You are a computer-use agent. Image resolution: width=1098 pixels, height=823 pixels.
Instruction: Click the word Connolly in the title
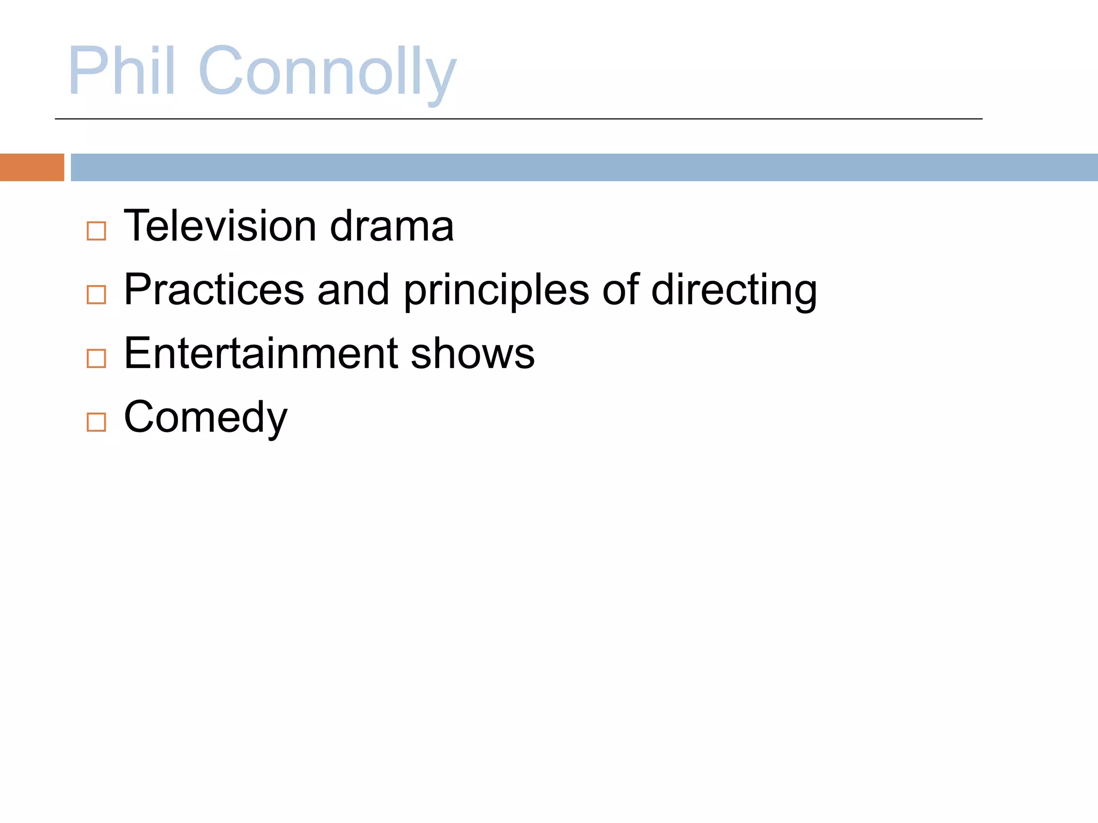pos(327,72)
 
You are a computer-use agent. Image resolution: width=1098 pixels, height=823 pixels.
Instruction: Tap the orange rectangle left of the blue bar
pos(32,167)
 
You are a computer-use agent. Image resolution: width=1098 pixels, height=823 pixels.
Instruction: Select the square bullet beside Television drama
pos(97,231)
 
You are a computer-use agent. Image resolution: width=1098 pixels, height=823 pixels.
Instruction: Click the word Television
pos(220,226)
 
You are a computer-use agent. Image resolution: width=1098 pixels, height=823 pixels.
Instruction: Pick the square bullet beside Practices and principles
pos(97,294)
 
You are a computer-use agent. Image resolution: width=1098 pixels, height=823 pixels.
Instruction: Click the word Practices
pos(214,290)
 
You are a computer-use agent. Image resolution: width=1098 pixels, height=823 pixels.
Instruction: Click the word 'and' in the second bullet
pos(353,290)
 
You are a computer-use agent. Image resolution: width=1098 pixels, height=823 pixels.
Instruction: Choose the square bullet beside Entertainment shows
pos(97,358)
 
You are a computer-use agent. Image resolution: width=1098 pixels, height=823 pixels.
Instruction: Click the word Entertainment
pos(261,354)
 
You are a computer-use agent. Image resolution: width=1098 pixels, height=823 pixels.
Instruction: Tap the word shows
pos(472,354)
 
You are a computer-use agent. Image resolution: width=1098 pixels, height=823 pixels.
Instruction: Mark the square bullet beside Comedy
pos(97,422)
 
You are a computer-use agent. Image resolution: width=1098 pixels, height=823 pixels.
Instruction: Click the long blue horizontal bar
pos(584,167)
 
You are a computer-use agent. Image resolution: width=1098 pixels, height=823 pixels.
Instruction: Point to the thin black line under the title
pos(518,119)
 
